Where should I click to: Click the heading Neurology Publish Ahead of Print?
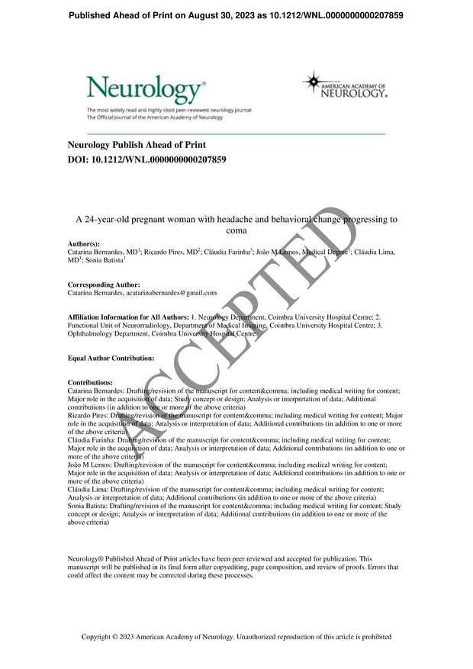(137, 145)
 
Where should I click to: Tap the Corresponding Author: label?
(104, 285)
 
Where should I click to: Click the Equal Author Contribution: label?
(111, 358)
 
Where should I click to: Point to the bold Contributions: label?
(90, 382)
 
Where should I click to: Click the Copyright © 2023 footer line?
(236, 636)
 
